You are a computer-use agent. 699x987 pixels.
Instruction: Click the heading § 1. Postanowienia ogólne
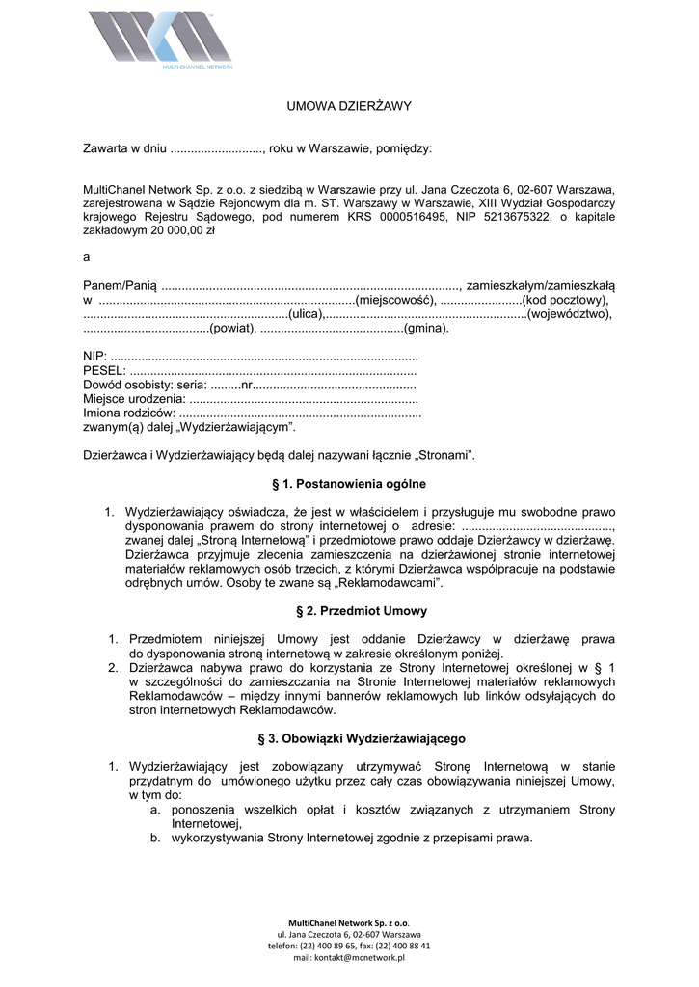pyautogui.click(x=349, y=483)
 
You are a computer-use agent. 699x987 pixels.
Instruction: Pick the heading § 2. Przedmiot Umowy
pyautogui.click(x=349, y=611)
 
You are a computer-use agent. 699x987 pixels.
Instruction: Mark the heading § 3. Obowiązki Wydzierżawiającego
pyautogui.click(x=349, y=738)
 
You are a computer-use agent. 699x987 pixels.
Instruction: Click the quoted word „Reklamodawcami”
pyautogui.click(x=395, y=583)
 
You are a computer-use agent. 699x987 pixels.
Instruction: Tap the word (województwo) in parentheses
pyautogui.click(x=569, y=314)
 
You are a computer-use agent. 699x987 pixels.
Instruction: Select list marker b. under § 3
pyautogui.click(x=154, y=839)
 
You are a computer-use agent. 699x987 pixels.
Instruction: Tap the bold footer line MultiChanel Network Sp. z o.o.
pyautogui.click(x=349, y=922)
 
